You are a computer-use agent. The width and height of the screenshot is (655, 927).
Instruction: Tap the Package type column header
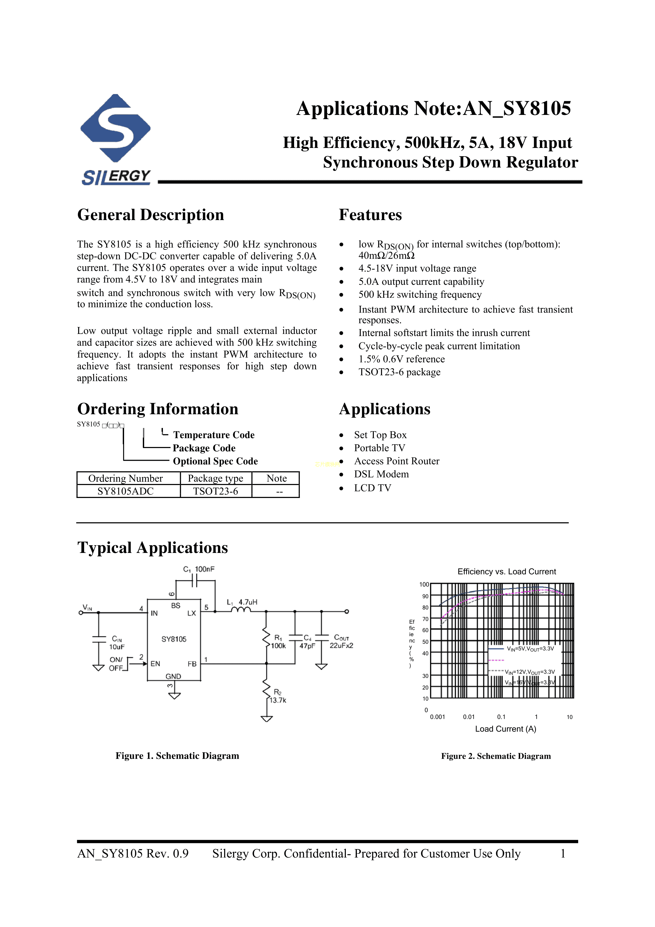pos(215,478)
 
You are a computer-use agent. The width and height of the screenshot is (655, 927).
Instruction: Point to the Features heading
pos(370,215)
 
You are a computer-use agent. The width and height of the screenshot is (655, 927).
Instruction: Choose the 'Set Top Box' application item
pos(380,435)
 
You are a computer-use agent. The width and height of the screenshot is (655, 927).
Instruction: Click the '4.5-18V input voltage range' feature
pos(417,268)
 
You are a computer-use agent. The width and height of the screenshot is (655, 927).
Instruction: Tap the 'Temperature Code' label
pos(214,435)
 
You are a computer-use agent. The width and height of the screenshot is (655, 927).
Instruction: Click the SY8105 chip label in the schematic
pos(174,639)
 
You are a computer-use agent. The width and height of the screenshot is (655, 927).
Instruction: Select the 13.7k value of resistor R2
pos(278,700)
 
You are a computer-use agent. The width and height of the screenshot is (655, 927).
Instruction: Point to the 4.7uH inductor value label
pos(248,602)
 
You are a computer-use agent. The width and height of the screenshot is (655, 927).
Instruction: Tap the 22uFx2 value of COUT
pos(341,646)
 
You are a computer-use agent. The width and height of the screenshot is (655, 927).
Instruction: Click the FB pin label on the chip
pos(192,664)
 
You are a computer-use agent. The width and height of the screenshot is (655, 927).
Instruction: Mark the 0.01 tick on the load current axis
pos(469,717)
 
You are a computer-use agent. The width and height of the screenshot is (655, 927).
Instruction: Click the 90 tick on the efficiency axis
pos(425,596)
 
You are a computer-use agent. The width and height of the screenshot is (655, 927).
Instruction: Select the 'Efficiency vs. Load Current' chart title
pos(506,571)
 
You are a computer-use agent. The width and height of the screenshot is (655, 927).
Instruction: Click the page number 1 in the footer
pos(563,854)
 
